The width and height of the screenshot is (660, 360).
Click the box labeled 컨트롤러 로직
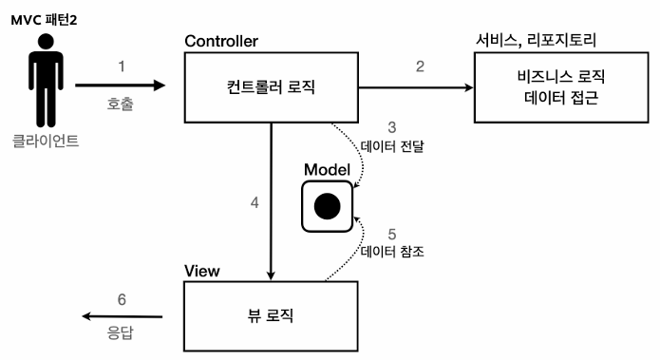(273, 88)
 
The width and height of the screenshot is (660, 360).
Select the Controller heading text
(223, 43)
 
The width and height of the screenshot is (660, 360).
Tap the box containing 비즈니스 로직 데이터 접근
(556, 88)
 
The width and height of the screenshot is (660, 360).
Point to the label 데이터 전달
(390, 147)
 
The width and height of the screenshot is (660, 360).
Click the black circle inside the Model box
(327, 205)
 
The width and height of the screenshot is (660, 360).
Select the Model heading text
(327, 169)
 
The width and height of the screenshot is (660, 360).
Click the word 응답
(121, 333)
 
